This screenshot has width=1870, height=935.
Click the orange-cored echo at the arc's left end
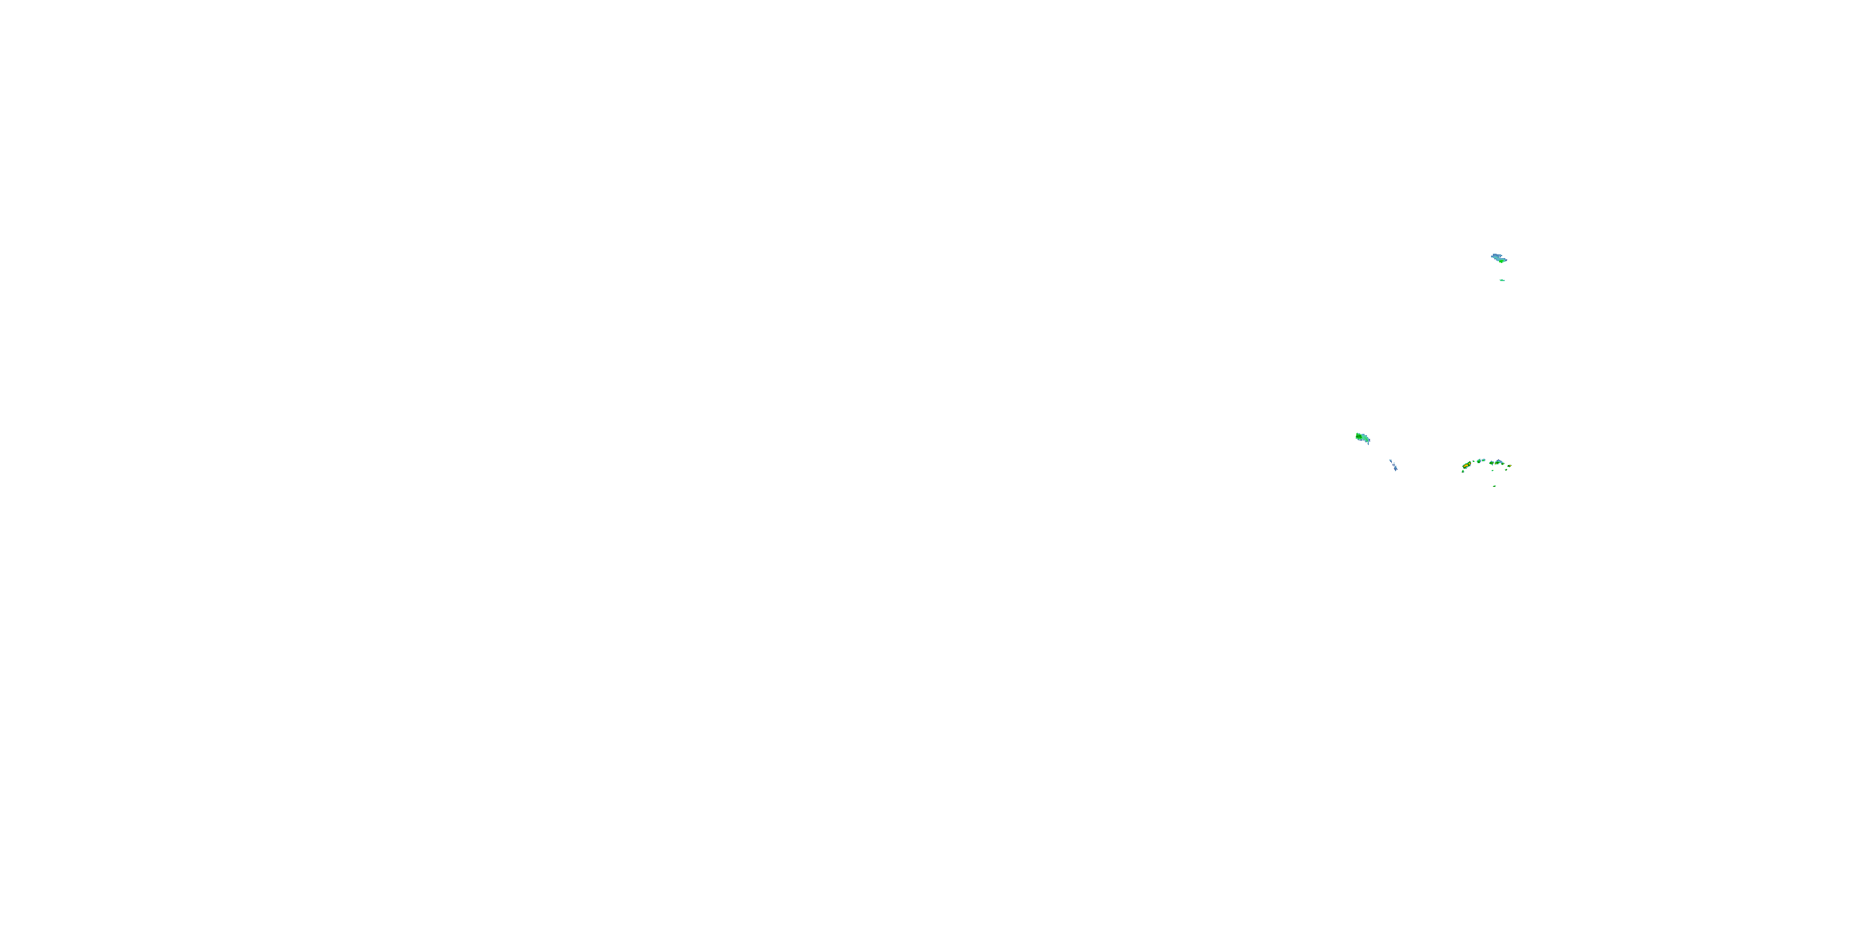(1466, 466)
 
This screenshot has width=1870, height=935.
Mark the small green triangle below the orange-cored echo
(1463, 472)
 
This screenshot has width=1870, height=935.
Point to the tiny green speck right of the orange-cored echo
(1474, 462)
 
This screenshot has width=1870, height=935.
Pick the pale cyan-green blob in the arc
(1484, 460)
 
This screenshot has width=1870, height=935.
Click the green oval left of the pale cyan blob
(1479, 461)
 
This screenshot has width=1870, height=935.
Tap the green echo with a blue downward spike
(1492, 463)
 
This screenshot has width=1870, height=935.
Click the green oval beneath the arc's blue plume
(1498, 463)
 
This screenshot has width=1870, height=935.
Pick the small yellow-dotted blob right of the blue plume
(1503, 464)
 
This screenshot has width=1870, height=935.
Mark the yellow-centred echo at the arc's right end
(1510, 466)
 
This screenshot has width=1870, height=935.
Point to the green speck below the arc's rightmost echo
(1507, 469)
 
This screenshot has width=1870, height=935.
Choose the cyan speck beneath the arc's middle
(1492, 471)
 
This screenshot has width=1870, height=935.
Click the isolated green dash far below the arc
(1495, 486)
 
